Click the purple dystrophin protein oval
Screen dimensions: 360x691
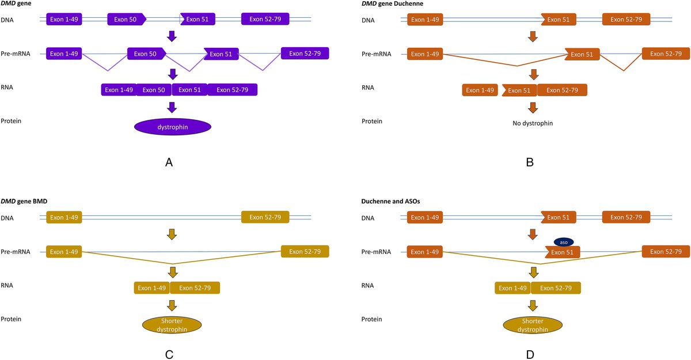(x=173, y=127)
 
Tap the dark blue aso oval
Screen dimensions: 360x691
(x=563, y=241)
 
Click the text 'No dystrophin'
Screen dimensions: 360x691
(x=533, y=123)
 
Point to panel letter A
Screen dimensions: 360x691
(x=169, y=163)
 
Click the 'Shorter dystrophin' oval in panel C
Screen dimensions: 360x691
(x=172, y=325)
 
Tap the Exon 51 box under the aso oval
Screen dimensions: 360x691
(x=563, y=252)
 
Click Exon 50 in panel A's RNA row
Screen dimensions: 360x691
(x=154, y=90)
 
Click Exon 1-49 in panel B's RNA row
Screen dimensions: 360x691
(x=480, y=90)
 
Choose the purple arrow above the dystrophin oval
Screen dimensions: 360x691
(x=172, y=108)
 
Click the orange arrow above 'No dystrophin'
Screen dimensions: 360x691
(x=533, y=108)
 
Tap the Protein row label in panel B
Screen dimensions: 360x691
(x=372, y=121)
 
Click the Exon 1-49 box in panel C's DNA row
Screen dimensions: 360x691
(x=64, y=218)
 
